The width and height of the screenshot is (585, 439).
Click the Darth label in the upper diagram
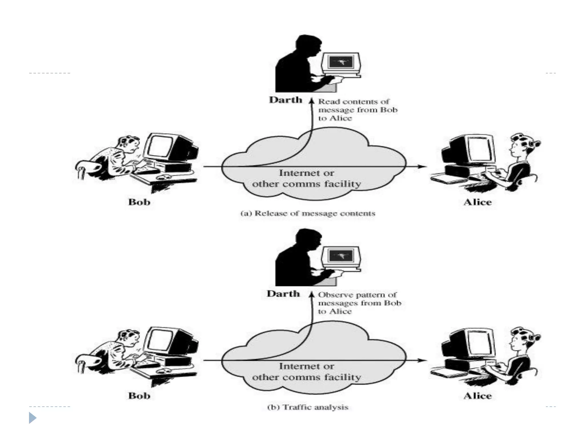285,100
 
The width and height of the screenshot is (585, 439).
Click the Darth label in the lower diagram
283,294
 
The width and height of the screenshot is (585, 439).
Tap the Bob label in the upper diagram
139,202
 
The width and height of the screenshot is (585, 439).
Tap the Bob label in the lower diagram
139,396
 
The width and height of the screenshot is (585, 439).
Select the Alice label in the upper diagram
477,202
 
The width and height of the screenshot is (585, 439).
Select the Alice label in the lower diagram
477,396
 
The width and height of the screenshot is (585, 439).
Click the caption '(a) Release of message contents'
308,213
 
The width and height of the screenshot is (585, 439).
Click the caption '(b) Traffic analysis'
308,407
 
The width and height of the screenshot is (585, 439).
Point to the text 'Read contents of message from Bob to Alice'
357,110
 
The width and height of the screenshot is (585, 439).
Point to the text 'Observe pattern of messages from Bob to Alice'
359,303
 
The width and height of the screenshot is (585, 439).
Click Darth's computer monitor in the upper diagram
341,62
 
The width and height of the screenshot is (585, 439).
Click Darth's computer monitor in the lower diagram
341,256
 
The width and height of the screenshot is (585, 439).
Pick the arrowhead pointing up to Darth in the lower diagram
312,294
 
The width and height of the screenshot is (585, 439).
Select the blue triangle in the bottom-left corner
33,418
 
